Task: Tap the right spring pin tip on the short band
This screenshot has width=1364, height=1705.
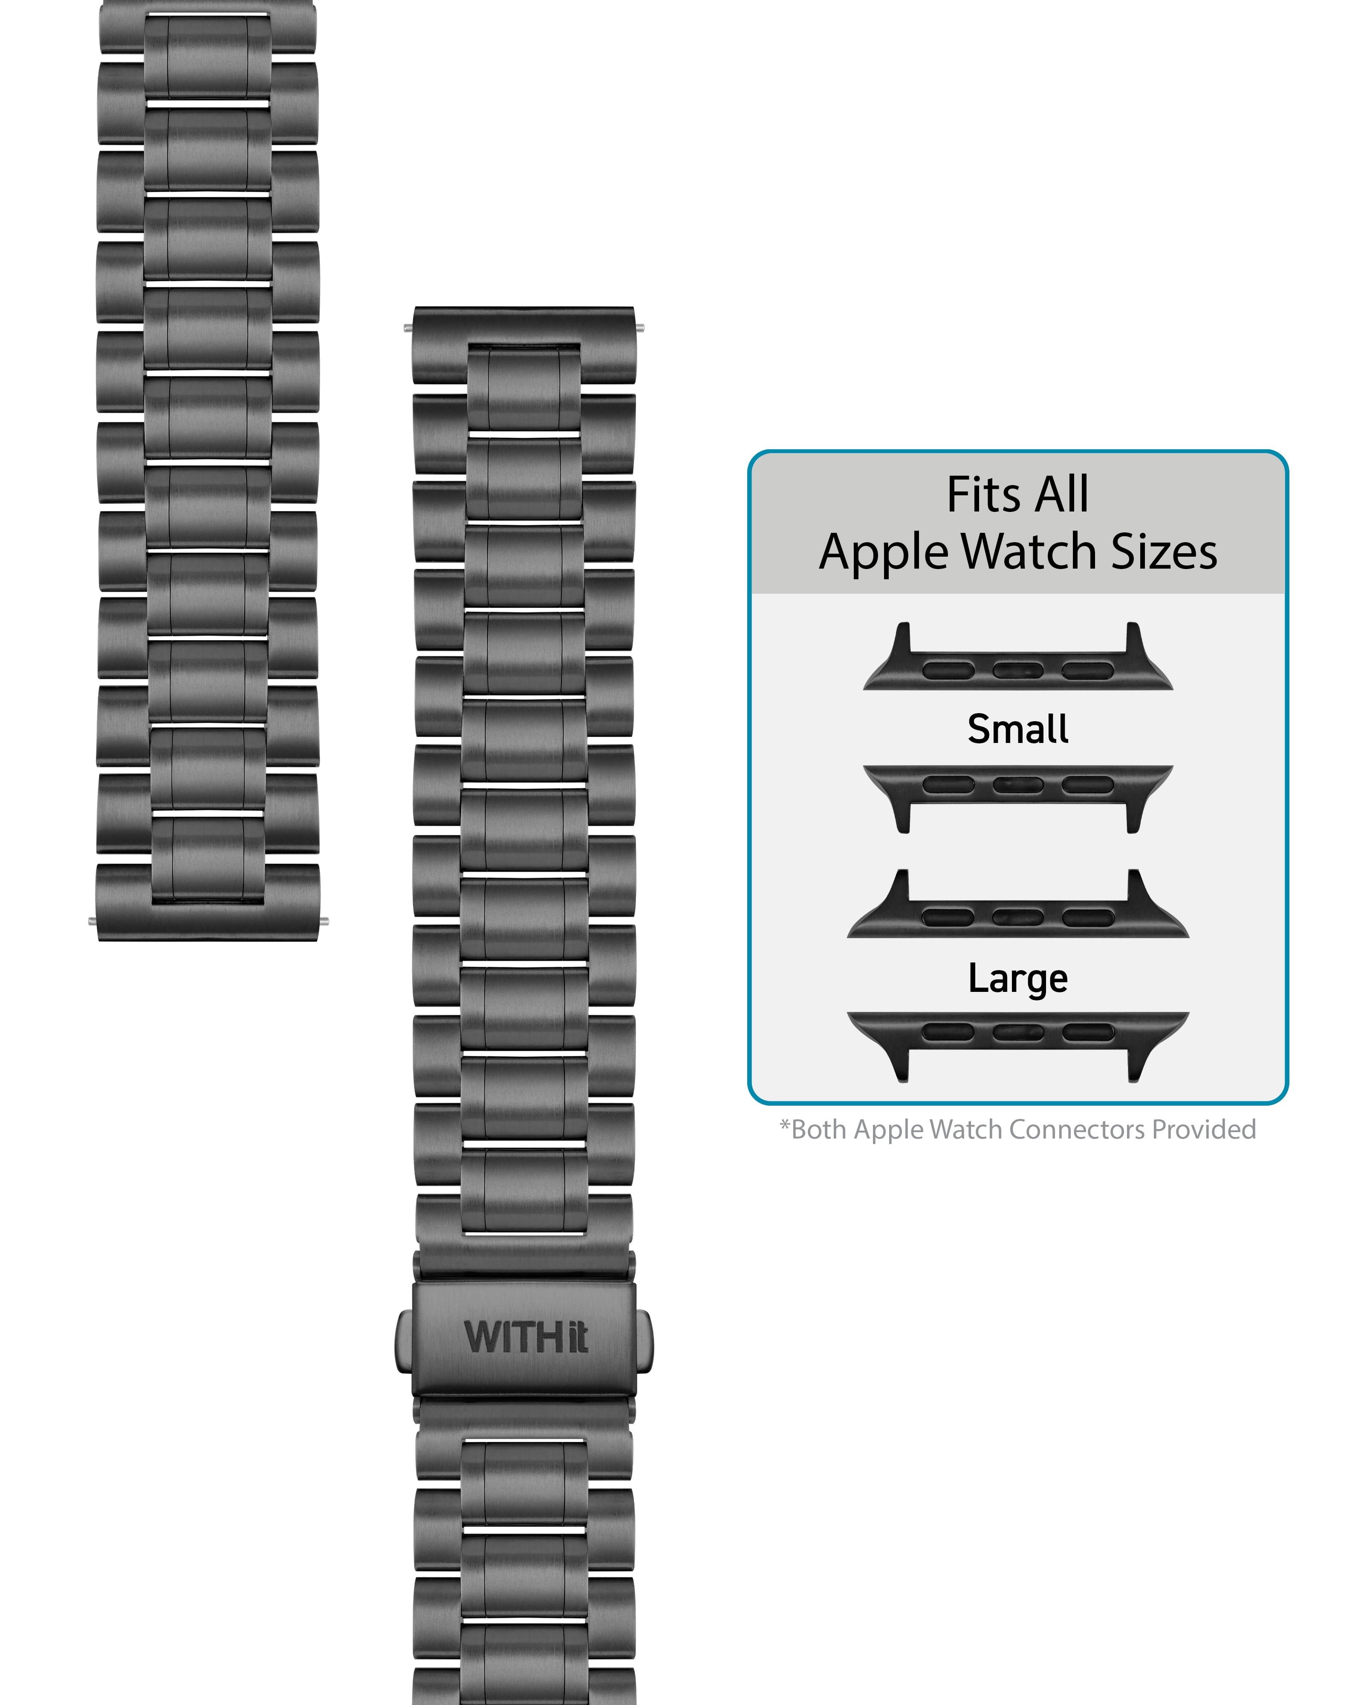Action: tap(324, 921)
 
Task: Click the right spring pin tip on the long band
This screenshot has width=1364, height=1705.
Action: tap(640, 327)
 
